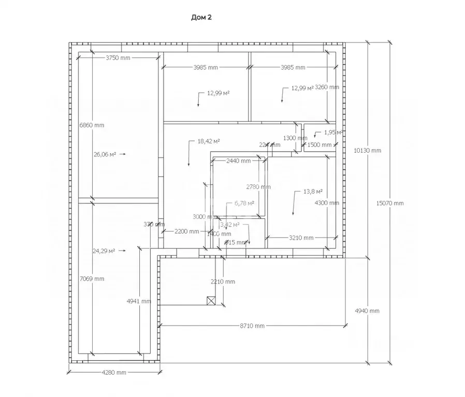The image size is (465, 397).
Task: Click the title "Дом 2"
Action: tap(202, 18)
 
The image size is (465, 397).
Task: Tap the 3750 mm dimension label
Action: tap(118, 57)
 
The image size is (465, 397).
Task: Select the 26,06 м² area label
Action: tap(105, 154)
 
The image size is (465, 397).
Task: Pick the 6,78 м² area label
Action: tap(244, 203)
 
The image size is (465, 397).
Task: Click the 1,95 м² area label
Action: tap(333, 133)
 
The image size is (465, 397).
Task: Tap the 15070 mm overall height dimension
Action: tap(390, 203)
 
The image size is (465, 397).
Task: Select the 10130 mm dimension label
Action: tap(368, 151)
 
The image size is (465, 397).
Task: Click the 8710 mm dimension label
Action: tap(252, 326)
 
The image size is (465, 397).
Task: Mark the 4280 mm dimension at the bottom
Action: tap(114, 372)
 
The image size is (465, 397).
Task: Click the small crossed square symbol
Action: tap(211, 300)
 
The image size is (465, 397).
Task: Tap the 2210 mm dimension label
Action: tap(223, 282)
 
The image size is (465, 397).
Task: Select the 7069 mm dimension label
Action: tap(92, 279)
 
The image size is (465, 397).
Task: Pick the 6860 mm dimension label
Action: tap(92, 125)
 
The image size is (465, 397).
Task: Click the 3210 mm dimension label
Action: tap(301, 238)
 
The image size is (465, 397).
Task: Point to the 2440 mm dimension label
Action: tap(239, 161)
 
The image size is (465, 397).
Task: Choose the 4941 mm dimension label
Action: tap(139, 301)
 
